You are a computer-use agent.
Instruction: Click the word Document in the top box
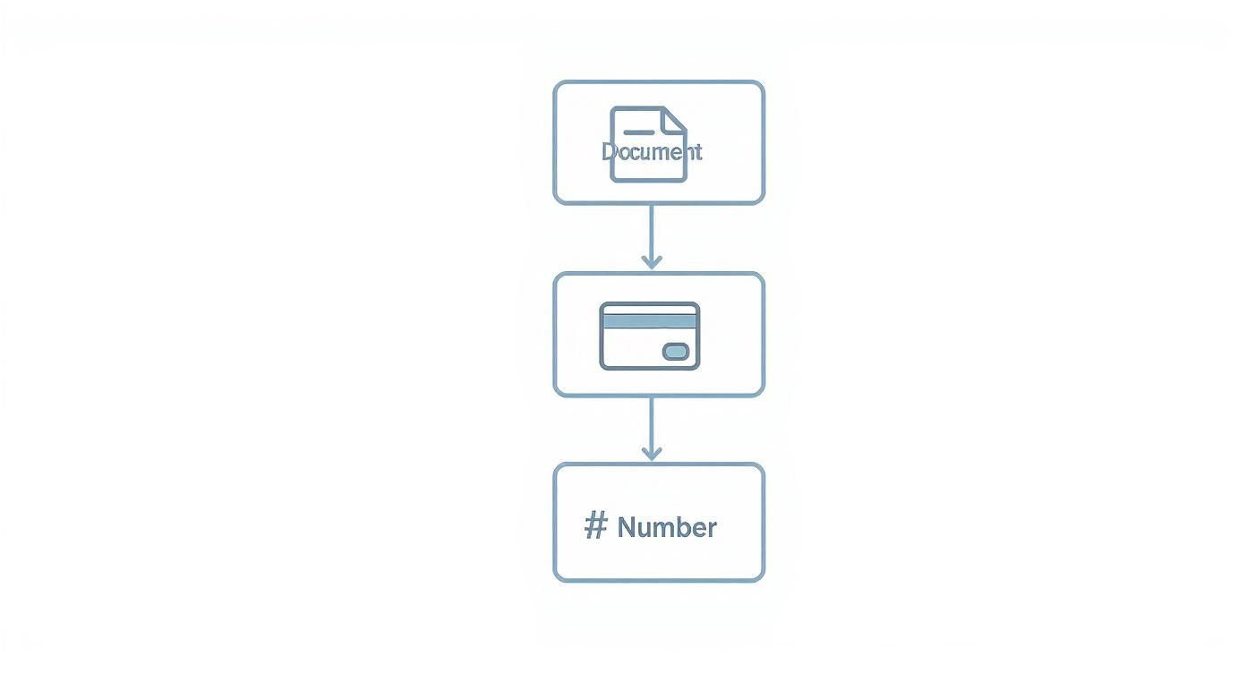(x=652, y=151)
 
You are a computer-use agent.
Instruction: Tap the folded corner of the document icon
(x=674, y=118)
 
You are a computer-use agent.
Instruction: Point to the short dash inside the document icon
(x=638, y=132)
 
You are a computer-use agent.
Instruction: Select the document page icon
(x=648, y=170)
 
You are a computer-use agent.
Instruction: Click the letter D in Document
(x=610, y=151)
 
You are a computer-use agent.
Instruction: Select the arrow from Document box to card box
(x=652, y=233)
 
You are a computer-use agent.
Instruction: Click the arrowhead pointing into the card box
(x=652, y=261)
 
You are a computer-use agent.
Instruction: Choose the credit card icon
(x=649, y=336)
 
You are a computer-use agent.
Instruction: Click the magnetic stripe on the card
(x=649, y=320)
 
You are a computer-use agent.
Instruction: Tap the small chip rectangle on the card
(x=676, y=352)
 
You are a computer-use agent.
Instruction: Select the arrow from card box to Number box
(x=652, y=425)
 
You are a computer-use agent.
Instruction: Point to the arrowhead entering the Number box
(x=652, y=453)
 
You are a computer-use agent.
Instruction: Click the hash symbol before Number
(x=595, y=526)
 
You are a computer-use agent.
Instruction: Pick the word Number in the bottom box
(x=667, y=527)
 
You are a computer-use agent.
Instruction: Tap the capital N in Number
(x=627, y=527)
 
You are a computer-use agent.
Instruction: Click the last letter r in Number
(x=712, y=529)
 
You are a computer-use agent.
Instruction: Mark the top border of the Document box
(x=659, y=82)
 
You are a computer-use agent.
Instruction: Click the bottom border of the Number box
(x=659, y=580)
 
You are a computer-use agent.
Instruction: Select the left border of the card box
(x=555, y=334)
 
